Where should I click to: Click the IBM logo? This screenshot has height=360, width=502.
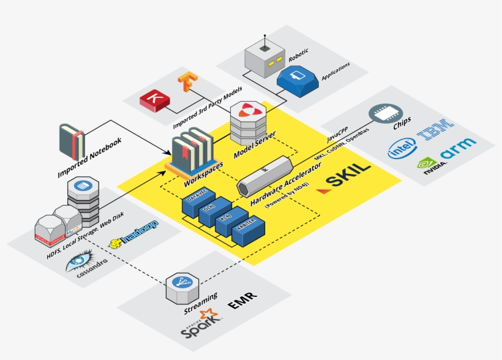(x=435, y=129)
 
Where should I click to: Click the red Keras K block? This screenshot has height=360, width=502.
(x=154, y=100)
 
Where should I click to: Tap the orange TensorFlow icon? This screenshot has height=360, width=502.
(x=186, y=83)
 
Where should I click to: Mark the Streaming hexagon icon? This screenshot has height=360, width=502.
(x=182, y=284)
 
